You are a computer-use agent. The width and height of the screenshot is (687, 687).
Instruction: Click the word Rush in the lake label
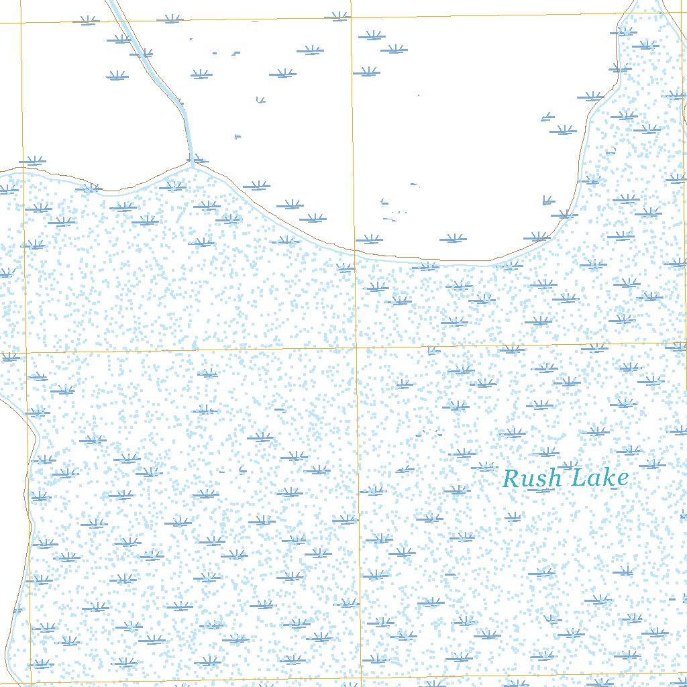(532, 479)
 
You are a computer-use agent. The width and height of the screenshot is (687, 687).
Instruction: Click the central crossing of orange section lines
(356, 348)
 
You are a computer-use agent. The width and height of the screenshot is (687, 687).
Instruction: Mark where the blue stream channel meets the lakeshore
(192, 162)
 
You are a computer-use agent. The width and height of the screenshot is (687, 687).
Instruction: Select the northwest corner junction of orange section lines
(21, 23)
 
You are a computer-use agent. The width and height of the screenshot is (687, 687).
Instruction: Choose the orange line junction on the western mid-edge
(25, 352)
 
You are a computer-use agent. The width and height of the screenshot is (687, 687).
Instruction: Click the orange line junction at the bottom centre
(360, 678)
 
